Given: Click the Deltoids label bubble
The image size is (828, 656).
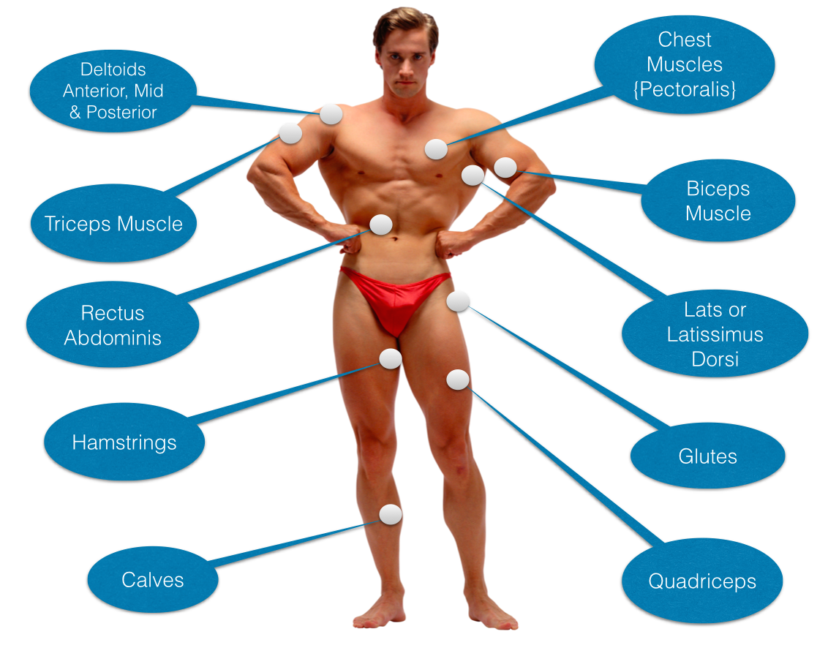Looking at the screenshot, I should coord(113,91).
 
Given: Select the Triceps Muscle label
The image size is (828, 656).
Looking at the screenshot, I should coord(113,223).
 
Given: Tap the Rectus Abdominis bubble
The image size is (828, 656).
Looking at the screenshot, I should coord(113,325).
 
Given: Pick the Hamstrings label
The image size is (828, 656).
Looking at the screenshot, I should coord(124,442).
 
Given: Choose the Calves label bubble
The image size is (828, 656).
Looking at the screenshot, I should coord(152,580).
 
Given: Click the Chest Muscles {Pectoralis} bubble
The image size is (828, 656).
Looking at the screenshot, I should coord(685,64).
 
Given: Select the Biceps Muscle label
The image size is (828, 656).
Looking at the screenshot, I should coord(718,200).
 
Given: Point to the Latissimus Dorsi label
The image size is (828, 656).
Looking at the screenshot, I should coord(715,334).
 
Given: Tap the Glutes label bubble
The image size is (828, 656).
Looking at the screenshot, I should coord(707,456).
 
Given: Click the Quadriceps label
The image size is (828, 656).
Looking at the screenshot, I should coord(702,581).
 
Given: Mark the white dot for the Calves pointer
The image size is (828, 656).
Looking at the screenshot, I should coord(391,514).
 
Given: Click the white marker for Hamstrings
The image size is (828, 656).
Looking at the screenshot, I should coord(391,358).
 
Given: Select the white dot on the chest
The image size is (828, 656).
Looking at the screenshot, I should coord(436,149).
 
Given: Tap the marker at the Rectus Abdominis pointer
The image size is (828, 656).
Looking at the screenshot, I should coord(380,225).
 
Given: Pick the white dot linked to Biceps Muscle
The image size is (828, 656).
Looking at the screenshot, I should coord(505,167).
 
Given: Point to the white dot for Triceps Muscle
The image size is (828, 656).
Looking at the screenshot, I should coord(290,133).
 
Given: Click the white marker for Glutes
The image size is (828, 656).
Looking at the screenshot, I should coord(458,301).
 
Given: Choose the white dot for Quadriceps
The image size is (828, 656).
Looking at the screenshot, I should coord(458,380).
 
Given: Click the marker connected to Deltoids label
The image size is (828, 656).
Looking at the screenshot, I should coord(331,113).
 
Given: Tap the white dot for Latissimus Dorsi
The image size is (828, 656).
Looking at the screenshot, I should coord(473,175).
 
